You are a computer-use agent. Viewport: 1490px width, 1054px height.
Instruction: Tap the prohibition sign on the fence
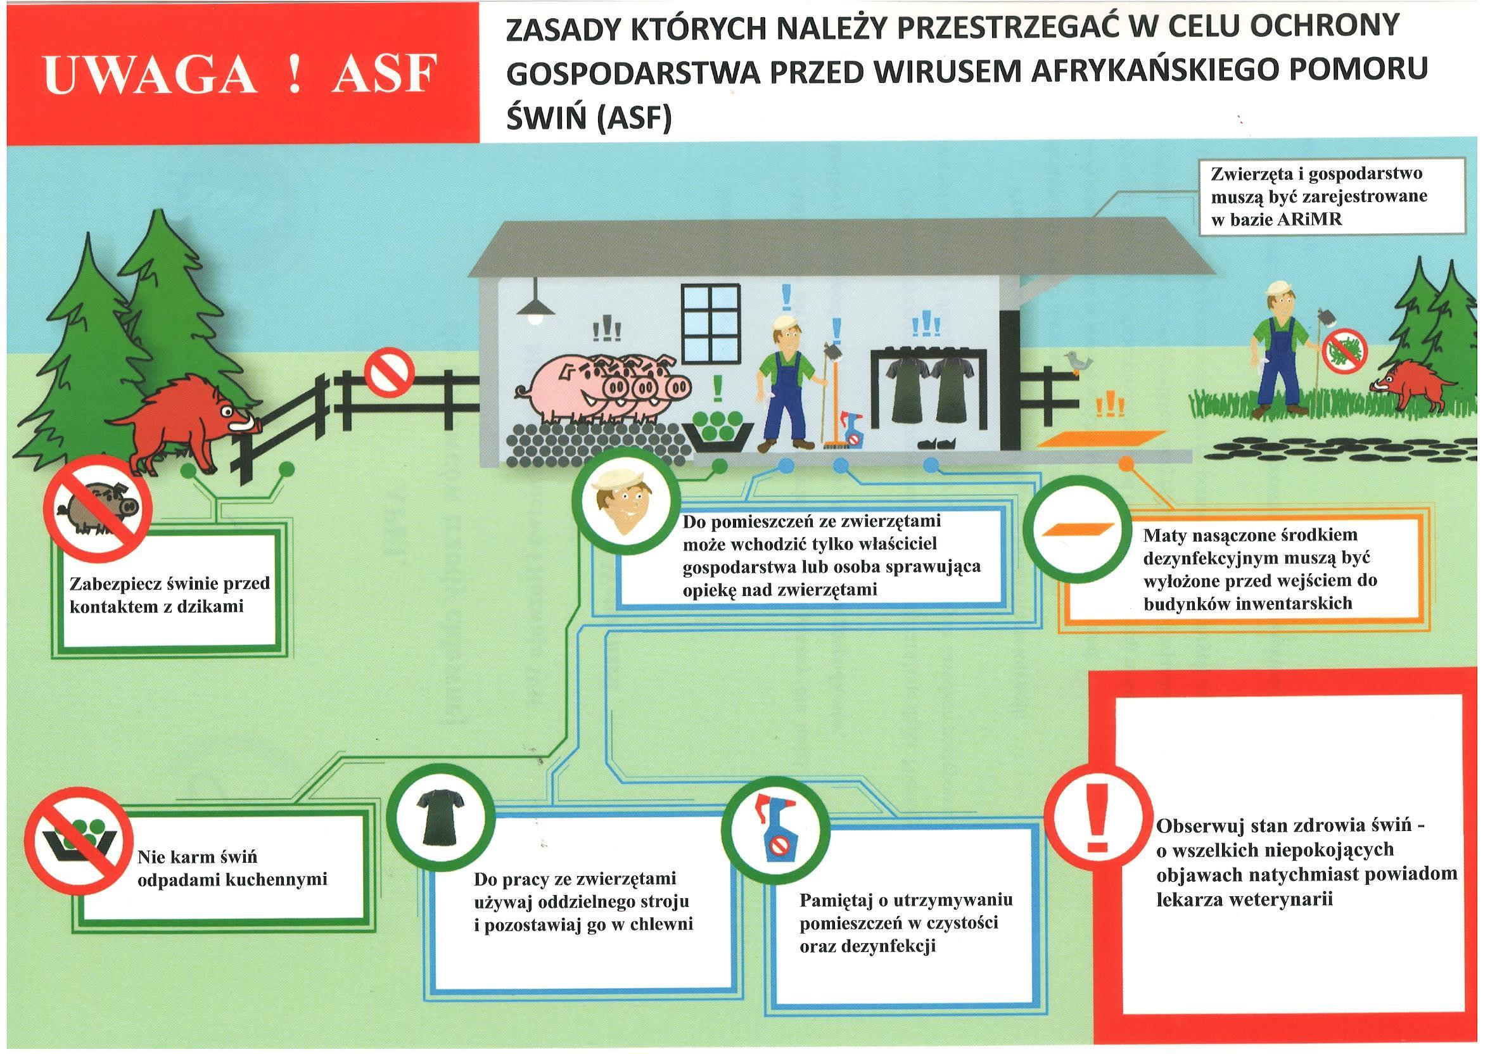click(389, 375)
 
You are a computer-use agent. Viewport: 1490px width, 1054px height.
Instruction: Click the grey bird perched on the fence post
click(1075, 362)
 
